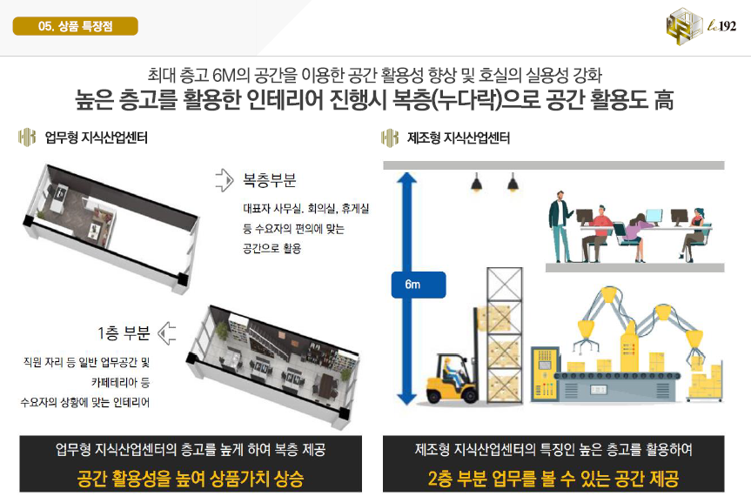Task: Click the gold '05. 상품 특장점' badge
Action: [75, 26]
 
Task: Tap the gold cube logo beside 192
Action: [684, 26]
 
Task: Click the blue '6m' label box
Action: [418, 285]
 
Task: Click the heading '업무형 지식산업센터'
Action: [97, 138]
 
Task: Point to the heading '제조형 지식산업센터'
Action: [459, 138]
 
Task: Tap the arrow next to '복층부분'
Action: [225, 180]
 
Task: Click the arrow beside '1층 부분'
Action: [166, 333]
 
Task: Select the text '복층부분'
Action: [270, 180]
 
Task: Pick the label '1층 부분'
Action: [124, 333]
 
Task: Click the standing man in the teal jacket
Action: [560, 226]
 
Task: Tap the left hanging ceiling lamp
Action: [476, 183]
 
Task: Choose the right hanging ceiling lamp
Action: [513, 183]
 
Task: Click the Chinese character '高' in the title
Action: [664, 99]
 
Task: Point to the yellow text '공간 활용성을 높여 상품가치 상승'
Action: [191, 478]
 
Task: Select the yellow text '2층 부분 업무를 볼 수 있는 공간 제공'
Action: [553, 478]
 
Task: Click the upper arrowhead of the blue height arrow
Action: [407, 178]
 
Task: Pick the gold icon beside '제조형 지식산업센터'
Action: [390, 138]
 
